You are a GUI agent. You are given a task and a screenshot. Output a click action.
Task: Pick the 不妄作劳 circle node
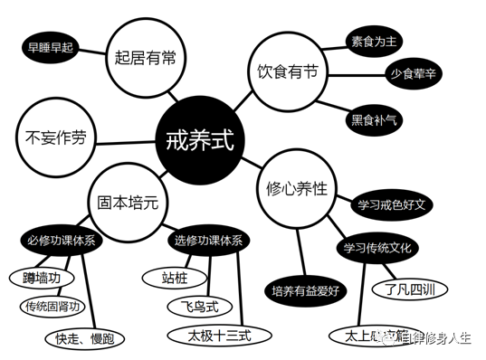coord(55,138)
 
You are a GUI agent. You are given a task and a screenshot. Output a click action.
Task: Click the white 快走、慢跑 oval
coord(86,339)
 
